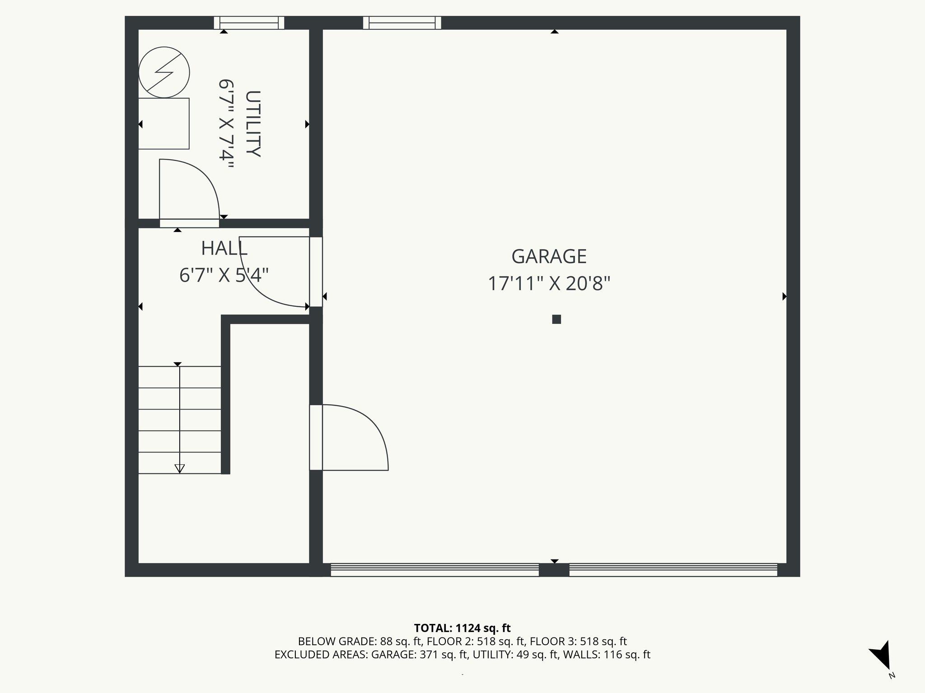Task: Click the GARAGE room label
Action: [x=549, y=257]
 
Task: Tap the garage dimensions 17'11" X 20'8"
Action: [x=549, y=284]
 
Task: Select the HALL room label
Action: [x=224, y=249]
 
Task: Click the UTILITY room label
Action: [x=253, y=124]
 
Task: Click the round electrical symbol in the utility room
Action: [x=164, y=72]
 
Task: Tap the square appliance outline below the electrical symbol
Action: [x=164, y=124]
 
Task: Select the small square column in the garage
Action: [x=556, y=319]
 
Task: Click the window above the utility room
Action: [x=249, y=23]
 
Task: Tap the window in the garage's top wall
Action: [x=402, y=23]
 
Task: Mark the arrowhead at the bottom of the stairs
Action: [x=180, y=469]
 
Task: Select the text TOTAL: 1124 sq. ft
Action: [x=462, y=628]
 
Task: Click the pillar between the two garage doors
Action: [x=554, y=570]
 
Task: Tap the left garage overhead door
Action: [x=434, y=570]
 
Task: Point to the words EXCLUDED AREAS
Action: [x=321, y=655]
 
